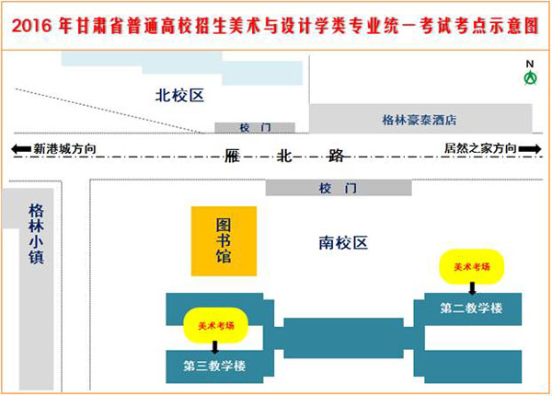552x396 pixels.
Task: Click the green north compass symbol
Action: [x=530, y=78]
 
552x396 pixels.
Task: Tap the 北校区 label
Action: [x=178, y=94]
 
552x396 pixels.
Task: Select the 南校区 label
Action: [x=343, y=243]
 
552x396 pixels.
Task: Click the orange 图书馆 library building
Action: [x=223, y=242]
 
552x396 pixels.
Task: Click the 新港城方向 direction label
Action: [x=64, y=148]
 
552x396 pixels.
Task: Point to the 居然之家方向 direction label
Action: [x=480, y=148]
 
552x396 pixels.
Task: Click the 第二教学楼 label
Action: [x=470, y=308]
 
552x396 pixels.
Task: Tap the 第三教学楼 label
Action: [x=215, y=366]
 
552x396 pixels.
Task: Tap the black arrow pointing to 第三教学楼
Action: [x=216, y=345]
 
